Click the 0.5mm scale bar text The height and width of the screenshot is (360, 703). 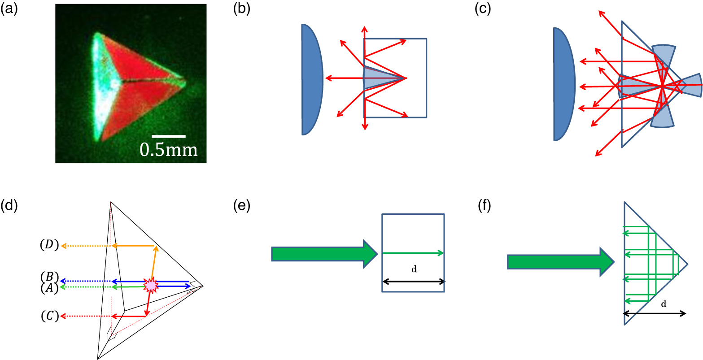[168, 150]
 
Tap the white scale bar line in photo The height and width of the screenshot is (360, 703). [168, 135]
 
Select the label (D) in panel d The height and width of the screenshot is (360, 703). [49, 246]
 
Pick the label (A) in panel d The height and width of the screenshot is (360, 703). [49, 288]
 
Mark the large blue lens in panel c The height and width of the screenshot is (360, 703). [563, 84]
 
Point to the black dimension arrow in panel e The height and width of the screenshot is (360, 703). [413, 282]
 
